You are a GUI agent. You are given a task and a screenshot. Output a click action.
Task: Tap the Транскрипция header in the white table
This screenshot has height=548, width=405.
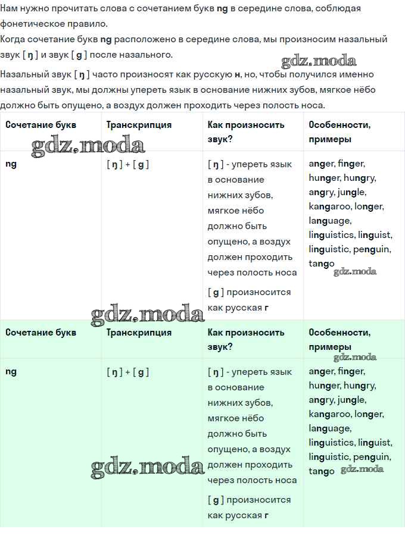click(139, 125)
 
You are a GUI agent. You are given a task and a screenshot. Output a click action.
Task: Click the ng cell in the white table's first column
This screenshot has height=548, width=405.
click(11, 164)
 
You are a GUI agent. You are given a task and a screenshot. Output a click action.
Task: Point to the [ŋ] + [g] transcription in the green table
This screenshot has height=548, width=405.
click(127, 372)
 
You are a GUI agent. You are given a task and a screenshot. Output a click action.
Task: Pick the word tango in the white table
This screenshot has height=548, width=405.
click(322, 264)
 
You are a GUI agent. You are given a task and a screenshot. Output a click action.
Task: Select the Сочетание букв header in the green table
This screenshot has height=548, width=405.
click(40, 333)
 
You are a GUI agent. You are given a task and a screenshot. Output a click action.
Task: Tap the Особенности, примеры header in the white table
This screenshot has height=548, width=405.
click(339, 131)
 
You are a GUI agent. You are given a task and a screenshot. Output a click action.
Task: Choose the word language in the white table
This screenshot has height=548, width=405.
click(329, 221)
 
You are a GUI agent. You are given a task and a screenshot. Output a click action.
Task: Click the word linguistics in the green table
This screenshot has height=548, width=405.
click(331, 443)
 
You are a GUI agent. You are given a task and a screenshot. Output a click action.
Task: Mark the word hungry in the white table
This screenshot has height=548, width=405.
click(360, 178)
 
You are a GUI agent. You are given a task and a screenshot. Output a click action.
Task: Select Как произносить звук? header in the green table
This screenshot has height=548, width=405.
click(246, 339)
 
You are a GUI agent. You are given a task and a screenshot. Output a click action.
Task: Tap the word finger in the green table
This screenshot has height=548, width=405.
click(351, 371)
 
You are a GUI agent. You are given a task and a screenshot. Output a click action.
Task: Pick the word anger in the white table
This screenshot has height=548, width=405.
click(322, 164)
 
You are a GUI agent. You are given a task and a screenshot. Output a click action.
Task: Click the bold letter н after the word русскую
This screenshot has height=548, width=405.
click(238, 75)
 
